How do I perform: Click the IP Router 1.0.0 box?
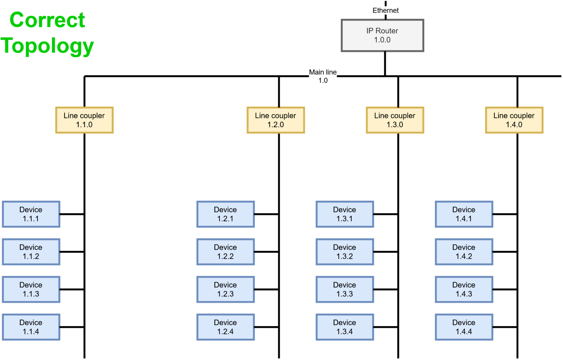[382, 35]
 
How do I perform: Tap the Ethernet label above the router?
[385, 10]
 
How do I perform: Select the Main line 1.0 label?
[323, 76]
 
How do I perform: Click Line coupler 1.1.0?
[84, 120]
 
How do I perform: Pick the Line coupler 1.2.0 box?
[276, 120]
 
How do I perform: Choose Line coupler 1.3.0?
[395, 120]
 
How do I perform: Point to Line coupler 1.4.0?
[514, 120]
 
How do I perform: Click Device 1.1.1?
[31, 214]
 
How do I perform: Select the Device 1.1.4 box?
[31, 327]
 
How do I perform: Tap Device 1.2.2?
[225, 252]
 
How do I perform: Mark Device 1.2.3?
[225, 289]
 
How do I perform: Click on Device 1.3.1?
[345, 214]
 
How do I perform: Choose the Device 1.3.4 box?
[345, 327]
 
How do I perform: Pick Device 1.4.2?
[464, 252]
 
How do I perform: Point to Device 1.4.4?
[464, 327]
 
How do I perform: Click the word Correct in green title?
[47, 20]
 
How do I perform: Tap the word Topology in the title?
[47, 46]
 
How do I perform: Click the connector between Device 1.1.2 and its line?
[72, 252]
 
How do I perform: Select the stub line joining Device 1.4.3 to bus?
[505, 289]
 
